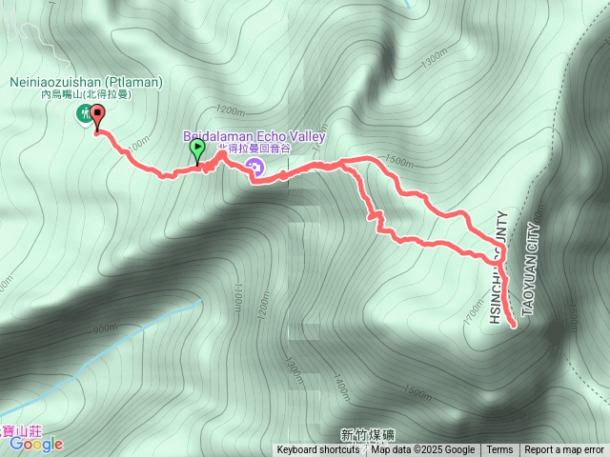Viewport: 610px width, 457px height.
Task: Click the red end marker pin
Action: [97, 115]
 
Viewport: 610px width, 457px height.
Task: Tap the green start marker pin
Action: [197, 149]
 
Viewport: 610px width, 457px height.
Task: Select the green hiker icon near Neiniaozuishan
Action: [83, 115]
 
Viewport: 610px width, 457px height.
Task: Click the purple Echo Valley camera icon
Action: [254, 169]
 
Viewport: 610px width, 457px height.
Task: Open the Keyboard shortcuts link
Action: [318, 450]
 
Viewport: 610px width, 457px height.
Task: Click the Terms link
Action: [499, 450]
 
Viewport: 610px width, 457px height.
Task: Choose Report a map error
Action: [564, 450]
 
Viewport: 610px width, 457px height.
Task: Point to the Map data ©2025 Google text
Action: [423, 450]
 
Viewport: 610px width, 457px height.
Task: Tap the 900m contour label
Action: [106, 329]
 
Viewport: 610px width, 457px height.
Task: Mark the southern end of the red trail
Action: [515, 326]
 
